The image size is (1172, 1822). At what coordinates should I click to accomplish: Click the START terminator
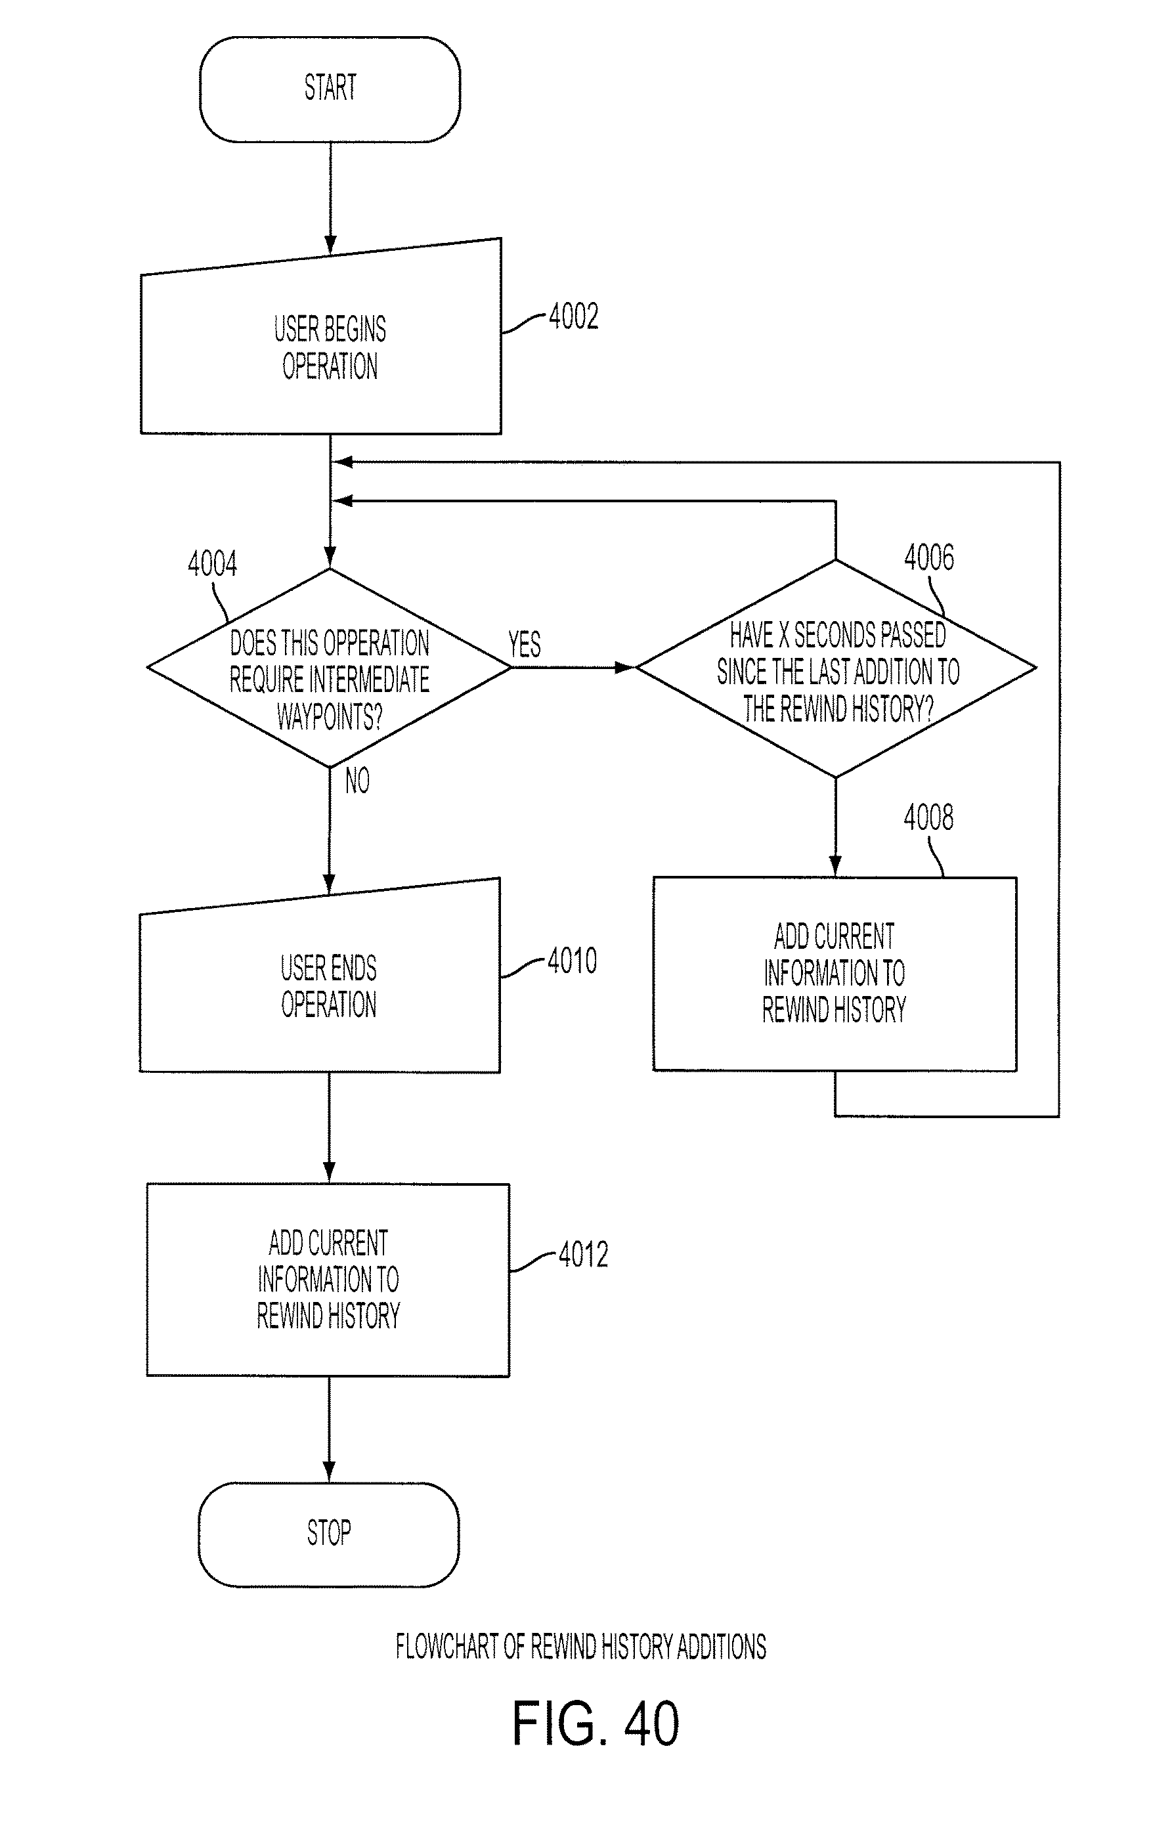click(x=330, y=90)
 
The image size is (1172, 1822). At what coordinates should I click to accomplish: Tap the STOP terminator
click(x=329, y=1535)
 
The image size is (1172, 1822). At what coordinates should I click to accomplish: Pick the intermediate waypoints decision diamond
click(x=330, y=668)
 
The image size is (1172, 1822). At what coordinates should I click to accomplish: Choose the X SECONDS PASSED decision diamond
click(x=836, y=668)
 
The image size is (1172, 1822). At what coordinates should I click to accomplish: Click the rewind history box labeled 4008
click(x=835, y=974)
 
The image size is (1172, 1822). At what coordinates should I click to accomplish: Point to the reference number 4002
click(x=574, y=316)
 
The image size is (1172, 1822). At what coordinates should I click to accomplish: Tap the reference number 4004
click(x=212, y=564)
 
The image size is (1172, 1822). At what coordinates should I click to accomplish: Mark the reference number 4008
click(x=928, y=817)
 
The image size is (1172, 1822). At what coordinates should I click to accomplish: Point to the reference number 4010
click(x=573, y=961)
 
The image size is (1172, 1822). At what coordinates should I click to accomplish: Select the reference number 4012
click(x=584, y=1254)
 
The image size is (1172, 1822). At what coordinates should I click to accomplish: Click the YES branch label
click(x=525, y=645)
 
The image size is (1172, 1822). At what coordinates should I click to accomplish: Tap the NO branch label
click(x=357, y=781)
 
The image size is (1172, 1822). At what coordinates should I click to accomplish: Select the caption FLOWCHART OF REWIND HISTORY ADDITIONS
click(x=580, y=1647)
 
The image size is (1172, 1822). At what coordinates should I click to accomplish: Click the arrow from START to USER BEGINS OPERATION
click(x=330, y=199)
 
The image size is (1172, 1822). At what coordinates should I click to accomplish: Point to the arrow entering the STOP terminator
click(x=329, y=1429)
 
